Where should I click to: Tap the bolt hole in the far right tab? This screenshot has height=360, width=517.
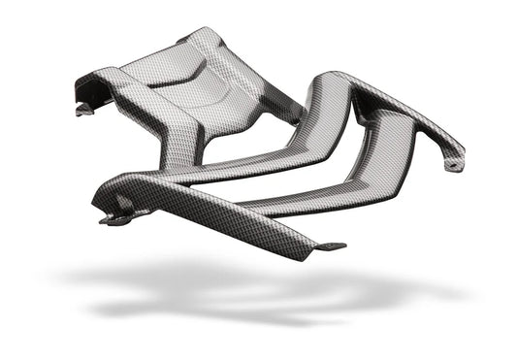click(x=451, y=166)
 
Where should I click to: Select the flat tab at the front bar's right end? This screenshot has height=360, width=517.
click(x=330, y=245)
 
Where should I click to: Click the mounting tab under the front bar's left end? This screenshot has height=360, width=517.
click(x=114, y=219)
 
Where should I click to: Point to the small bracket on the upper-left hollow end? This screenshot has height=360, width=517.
click(x=83, y=109)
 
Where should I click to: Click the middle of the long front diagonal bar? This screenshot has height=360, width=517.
click(x=213, y=209)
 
